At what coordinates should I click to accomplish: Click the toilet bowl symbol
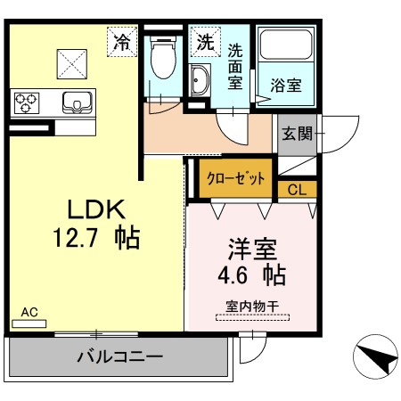pos(163,58)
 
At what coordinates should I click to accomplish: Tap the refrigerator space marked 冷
pos(122,42)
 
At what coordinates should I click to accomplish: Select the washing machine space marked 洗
pos(206,42)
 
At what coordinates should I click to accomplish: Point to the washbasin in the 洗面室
pos(200,80)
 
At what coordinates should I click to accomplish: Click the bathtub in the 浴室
pos(286,45)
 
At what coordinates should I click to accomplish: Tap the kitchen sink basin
pos(78,102)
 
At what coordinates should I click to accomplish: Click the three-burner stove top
pos(27,102)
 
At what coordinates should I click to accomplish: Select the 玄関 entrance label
pos(297,134)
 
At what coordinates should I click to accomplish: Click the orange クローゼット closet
pos(235,178)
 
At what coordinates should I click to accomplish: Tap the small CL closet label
pos(297,189)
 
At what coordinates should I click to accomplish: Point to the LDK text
pos(96,209)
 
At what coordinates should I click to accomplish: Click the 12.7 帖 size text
pos(96,238)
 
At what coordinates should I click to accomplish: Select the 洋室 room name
pos(252,249)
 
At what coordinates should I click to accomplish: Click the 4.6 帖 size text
pos(252,275)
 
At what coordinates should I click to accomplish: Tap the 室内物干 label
pos(252,307)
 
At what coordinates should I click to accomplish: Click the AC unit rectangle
pos(29,323)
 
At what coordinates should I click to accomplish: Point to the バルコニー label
pos(120,356)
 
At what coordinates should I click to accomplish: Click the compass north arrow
pos(377,358)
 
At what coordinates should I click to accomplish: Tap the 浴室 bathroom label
pos(286,86)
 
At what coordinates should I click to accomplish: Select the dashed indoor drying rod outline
pos(252,317)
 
